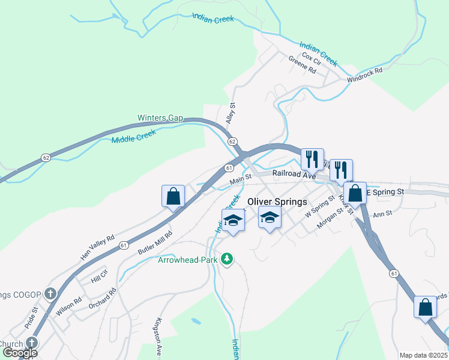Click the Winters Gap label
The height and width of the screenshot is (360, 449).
160,118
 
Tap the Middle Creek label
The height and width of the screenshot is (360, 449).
133,136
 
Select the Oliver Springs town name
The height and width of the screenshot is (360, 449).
277,202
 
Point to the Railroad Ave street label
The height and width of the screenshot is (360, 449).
294,175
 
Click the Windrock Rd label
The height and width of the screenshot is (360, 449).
364,75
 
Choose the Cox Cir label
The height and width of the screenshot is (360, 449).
312,56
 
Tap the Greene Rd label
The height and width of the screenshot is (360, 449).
302,65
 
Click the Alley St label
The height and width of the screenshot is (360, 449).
231,113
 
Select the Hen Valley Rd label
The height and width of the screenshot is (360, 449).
97,247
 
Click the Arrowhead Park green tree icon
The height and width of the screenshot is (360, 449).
227,259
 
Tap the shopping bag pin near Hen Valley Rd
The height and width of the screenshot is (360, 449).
173,196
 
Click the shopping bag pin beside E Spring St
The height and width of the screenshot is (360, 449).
355,193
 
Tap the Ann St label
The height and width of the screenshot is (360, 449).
382,213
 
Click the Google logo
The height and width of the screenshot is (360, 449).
20,352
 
